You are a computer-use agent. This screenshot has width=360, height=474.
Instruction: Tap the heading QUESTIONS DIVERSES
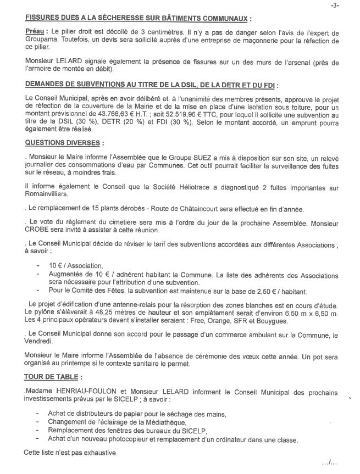(62, 143)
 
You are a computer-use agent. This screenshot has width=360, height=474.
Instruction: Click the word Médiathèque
(160, 422)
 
